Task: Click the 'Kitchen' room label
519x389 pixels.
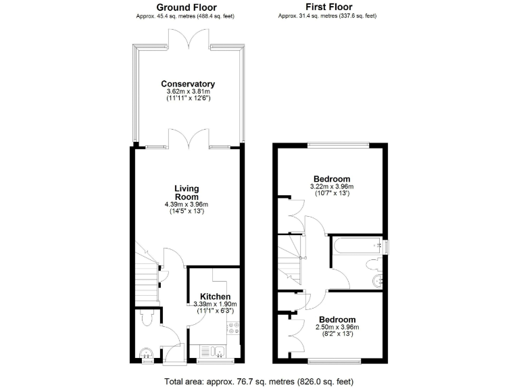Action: pos(215,296)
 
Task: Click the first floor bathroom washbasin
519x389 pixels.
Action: pos(376,280)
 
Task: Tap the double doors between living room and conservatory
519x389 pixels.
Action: pos(189,140)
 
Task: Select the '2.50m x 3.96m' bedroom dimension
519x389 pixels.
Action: pos(337,328)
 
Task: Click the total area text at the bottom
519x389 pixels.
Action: pos(260,380)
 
